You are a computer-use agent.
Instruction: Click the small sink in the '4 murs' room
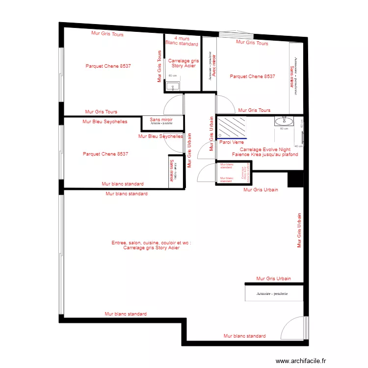(x=172, y=86)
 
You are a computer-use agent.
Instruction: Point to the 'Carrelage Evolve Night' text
(x=265, y=149)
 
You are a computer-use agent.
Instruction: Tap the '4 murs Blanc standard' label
(x=182, y=41)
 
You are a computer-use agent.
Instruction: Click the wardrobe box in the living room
(x=272, y=293)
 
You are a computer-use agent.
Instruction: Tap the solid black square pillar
(x=295, y=179)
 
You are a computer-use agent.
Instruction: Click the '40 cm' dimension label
(x=298, y=146)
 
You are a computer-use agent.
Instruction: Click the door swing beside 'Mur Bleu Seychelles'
(x=174, y=142)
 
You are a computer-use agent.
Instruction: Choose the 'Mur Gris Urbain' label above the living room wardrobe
(x=273, y=279)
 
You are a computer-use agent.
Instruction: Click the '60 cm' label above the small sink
(x=172, y=76)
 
